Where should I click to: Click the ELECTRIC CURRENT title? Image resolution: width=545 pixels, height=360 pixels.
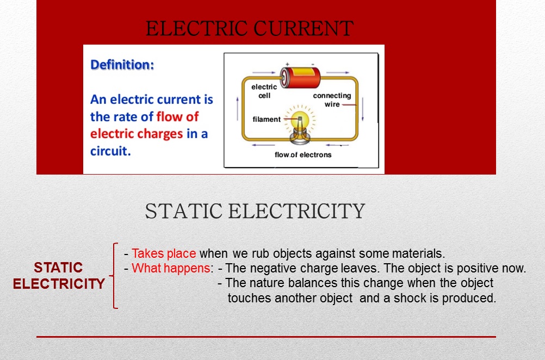[x=250, y=28]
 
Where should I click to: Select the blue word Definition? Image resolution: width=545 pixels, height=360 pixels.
[x=122, y=65]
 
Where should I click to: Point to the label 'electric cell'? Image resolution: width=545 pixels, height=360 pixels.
[x=264, y=91]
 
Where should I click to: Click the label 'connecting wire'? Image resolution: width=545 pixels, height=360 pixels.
[x=332, y=100]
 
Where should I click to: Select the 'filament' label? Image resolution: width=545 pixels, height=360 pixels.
[x=267, y=119]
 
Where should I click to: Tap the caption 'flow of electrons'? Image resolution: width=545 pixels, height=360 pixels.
[x=303, y=154]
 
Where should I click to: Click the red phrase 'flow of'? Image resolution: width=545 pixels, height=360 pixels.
[x=177, y=116]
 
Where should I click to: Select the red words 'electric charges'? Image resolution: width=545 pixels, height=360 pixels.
[x=137, y=134]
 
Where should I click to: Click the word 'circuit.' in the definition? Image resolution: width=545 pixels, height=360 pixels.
[x=110, y=151]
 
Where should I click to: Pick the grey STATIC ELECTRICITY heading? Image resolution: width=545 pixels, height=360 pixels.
[x=255, y=211]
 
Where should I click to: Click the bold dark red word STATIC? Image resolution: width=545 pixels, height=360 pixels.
[x=58, y=267]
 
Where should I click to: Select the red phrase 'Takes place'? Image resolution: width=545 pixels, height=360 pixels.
[x=164, y=253]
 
